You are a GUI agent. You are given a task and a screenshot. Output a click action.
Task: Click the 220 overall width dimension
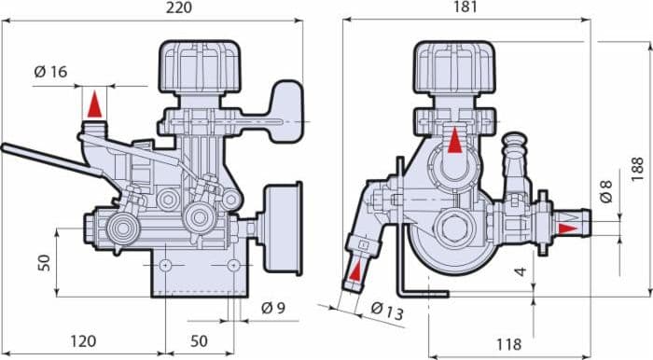(179, 7)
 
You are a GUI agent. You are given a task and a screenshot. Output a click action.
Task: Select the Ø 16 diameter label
(50, 72)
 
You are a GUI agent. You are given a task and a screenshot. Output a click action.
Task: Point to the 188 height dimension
(637, 169)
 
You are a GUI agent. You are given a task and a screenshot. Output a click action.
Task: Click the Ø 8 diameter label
(606, 191)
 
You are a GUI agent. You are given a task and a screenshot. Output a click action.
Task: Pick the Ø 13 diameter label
(387, 311)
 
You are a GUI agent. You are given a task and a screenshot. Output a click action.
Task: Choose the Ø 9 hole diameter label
(273, 308)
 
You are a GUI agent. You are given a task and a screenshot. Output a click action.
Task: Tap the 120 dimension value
(83, 341)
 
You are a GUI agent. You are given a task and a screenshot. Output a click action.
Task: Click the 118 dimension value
(508, 344)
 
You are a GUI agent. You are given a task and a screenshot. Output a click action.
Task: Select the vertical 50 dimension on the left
(44, 263)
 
